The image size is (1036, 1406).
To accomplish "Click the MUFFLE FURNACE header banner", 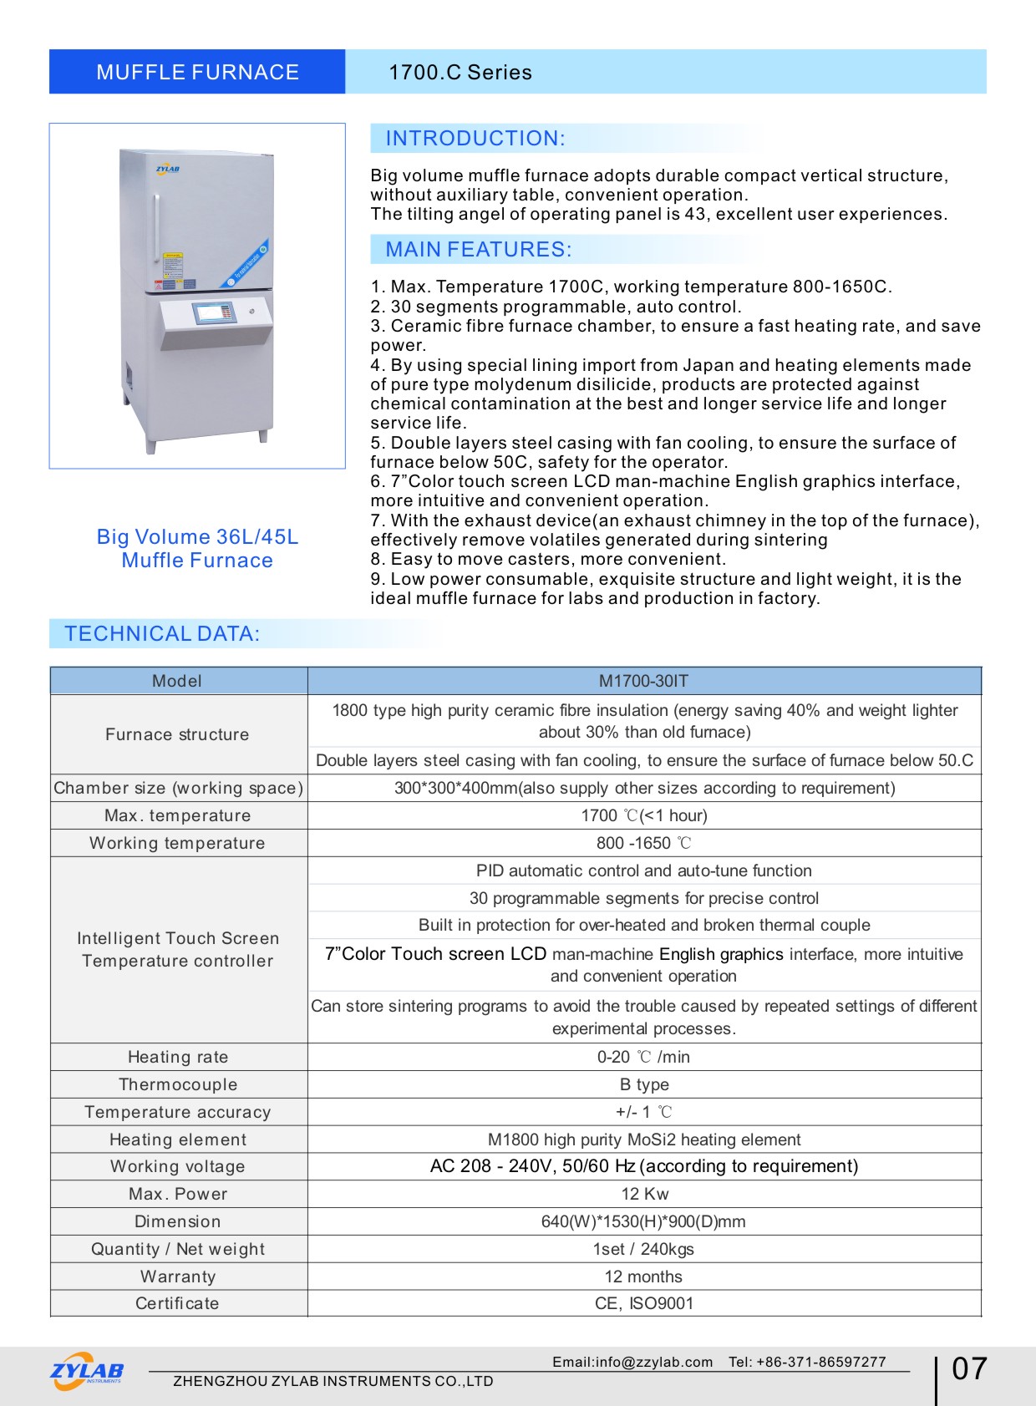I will coord(197,72).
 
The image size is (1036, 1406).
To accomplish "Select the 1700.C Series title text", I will coord(460,73).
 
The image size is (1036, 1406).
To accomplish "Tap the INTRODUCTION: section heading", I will coord(475,139).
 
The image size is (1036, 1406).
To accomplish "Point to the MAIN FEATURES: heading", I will coord(479,250).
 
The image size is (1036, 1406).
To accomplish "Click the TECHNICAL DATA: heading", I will coord(162,634).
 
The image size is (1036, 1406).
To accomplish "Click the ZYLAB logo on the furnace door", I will coord(167,170).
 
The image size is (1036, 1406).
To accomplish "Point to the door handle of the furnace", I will coord(155,226).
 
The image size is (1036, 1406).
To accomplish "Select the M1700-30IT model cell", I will coord(643,681).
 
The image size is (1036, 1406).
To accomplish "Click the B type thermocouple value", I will coord(644,1084).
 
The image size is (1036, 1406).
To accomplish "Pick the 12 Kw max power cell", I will coord(644,1194).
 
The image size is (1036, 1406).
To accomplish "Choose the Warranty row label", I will coord(178,1277).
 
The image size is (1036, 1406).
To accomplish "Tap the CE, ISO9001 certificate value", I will coord(644,1303).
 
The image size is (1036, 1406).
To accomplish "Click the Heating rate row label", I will coord(178,1057).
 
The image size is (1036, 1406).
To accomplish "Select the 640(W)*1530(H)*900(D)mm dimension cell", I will coord(643,1221).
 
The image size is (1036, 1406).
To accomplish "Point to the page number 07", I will coord(969,1369).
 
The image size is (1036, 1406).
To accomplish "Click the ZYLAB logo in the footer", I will coord(87,1371).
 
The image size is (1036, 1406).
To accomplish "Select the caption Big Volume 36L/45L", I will coord(197,537).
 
